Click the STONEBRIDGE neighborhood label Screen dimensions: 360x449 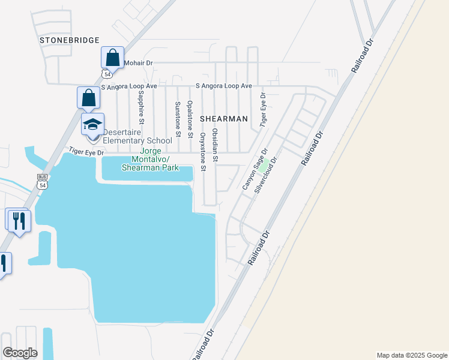point(69,40)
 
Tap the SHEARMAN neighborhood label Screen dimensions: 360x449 point(223,119)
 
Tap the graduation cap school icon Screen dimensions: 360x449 point(93,125)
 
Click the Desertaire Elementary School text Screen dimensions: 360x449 point(137,136)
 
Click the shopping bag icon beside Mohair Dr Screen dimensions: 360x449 point(112,58)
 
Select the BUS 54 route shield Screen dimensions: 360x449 point(42,181)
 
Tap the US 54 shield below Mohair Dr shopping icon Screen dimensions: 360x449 point(106,74)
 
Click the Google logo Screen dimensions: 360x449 point(20,353)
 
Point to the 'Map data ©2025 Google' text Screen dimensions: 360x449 point(412,355)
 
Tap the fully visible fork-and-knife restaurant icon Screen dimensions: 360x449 point(19,221)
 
